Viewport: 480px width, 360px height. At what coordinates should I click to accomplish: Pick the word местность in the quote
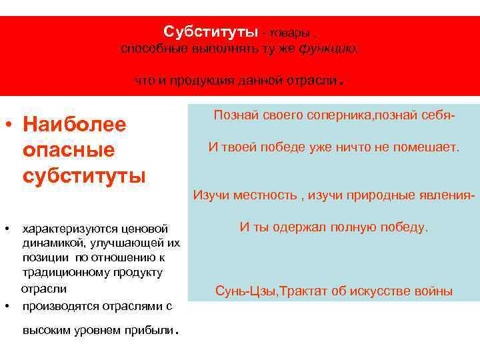coord(261,195)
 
